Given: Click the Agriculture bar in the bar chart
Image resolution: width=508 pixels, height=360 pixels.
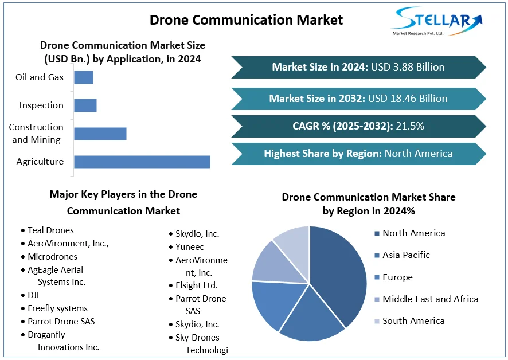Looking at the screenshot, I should coord(142,162).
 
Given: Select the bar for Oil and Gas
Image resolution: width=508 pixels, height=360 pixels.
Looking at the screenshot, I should coord(84,77).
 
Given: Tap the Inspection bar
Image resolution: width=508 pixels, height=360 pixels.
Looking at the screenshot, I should coord(85,105).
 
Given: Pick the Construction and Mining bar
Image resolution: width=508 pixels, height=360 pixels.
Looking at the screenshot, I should coord(100,134).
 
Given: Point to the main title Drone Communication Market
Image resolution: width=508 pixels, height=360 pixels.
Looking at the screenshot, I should coord(246,20).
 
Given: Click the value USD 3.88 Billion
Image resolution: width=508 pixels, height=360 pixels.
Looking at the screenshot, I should coord(408,67).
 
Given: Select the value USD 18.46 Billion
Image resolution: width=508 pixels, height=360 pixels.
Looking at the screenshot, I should coord(408,99).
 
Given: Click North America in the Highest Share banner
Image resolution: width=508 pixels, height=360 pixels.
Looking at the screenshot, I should coord(419,154).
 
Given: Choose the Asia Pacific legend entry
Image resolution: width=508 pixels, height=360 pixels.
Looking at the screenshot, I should coord(406,255).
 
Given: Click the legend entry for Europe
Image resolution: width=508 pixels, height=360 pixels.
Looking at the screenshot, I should coord(397,277).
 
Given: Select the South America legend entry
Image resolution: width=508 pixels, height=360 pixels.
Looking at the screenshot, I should coord(413,321).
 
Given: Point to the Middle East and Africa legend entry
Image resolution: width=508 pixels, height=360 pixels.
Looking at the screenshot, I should coord(430,299).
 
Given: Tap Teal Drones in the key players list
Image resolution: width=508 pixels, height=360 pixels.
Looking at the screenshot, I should coord(50,230).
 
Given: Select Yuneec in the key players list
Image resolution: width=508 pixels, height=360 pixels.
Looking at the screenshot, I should coord(190,247).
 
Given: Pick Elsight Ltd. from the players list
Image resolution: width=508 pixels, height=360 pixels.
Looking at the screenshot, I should coord(197,285).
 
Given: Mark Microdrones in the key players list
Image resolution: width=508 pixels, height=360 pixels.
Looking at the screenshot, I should coord(52,257).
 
